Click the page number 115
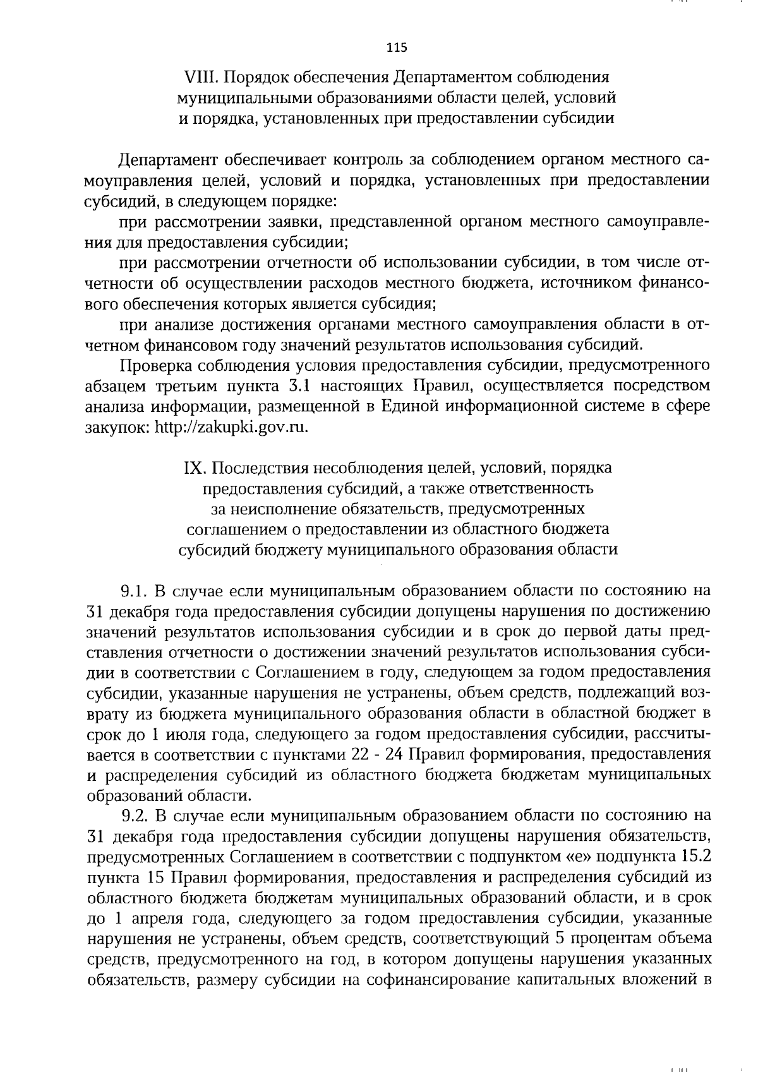point(397,48)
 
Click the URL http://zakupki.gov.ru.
point(232,428)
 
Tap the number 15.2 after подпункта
point(689,857)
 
